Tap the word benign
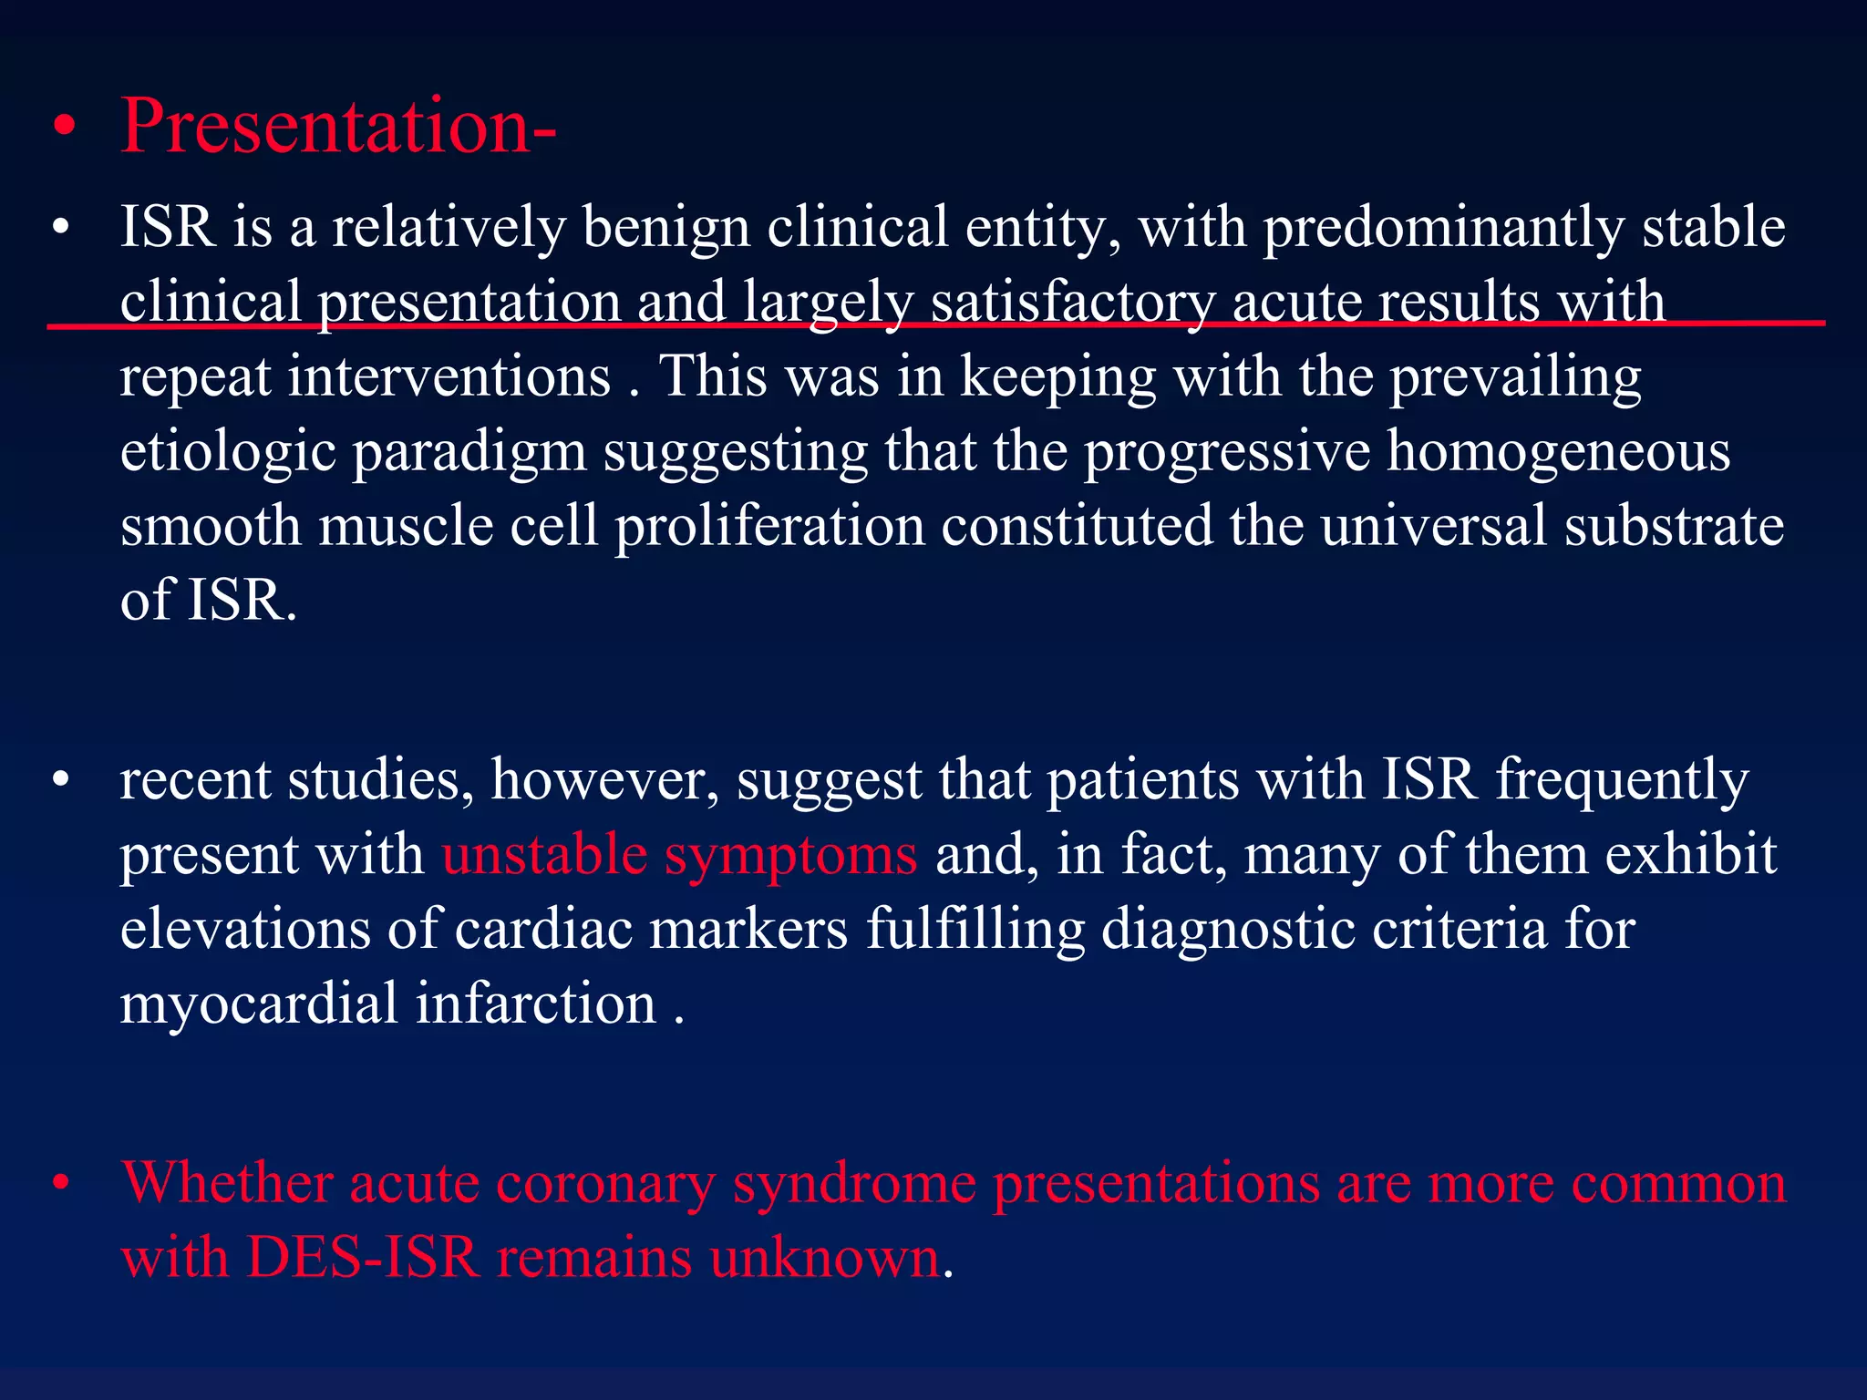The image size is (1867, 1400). (665, 228)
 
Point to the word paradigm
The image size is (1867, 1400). (469, 452)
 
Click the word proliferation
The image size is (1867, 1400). (769, 527)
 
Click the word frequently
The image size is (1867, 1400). (1622, 781)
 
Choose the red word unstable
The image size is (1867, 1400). (544, 855)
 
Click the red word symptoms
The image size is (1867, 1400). (790, 857)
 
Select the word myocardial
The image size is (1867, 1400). (259, 1005)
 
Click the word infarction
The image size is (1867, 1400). (536, 1004)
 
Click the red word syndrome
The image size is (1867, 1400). (854, 1185)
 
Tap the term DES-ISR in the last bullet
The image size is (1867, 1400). (363, 1258)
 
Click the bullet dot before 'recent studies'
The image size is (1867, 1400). (61, 781)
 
